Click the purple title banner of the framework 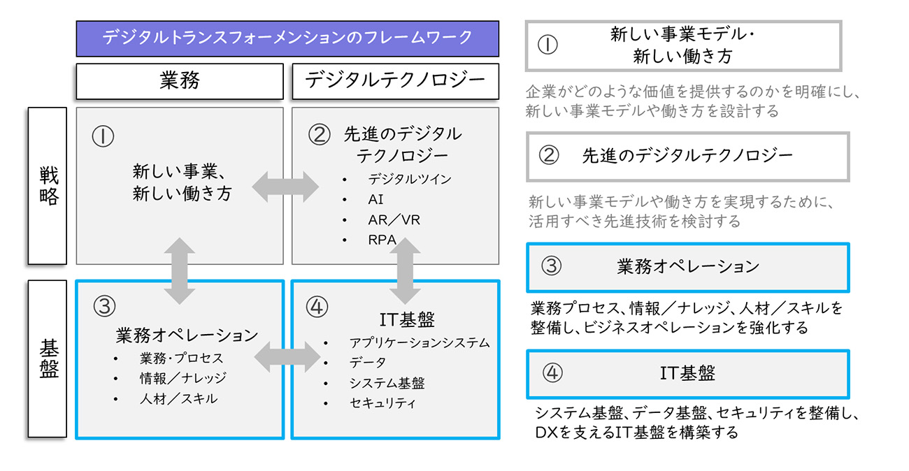click(x=287, y=38)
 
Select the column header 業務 click(x=180, y=81)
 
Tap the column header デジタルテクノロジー click(x=395, y=81)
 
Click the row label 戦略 click(x=48, y=186)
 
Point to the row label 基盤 click(x=48, y=358)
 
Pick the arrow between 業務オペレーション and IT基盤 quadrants click(x=287, y=358)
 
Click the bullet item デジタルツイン click(x=409, y=179)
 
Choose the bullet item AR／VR click(x=394, y=219)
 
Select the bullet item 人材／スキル click(x=178, y=399)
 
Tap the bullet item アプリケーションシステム click(x=420, y=342)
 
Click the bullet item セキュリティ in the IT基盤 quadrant click(x=382, y=403)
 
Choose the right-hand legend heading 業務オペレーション click(x=688, y=266)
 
